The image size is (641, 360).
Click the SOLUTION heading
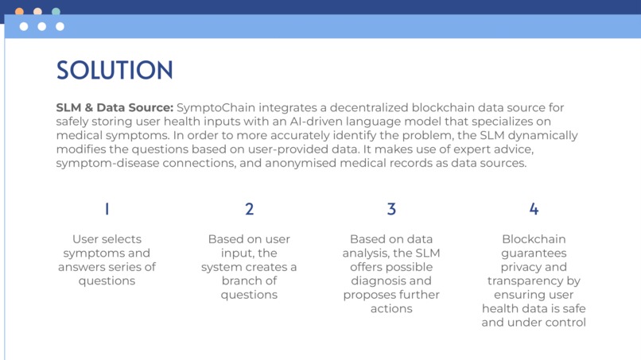(114, 70)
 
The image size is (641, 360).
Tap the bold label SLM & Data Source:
(115, 107)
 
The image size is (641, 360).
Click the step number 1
(107, 209)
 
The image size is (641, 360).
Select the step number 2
(249, 209)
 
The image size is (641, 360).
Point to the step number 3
(391, 209)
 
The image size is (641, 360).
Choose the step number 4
(534, 209)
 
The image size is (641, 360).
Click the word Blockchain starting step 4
(534, 238)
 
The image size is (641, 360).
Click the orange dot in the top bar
(19, 11)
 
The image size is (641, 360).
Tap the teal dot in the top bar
(56, 11)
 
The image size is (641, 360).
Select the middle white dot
(41, 26)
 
